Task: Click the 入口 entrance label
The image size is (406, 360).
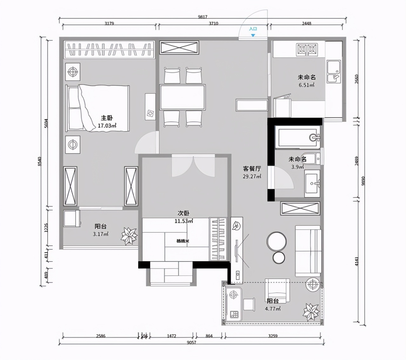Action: [x=253, y=29]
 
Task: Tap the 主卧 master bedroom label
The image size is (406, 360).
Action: [x=107, y=118]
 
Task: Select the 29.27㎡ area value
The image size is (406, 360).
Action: [x=252, y=177]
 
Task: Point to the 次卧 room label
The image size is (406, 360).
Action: [x=183, y=213]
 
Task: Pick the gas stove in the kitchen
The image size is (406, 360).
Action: [x=307, y=49]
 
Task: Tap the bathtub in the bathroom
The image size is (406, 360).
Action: [x=297, y=137]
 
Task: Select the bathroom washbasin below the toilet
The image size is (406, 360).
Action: [x=312, y=183]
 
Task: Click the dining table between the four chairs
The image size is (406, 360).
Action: [x=182, y=97]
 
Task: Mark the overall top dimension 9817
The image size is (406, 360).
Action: [x=202, y=17]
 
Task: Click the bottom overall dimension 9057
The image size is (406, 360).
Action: [x=191, y=342]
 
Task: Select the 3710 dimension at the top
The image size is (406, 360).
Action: [x=213, y=23]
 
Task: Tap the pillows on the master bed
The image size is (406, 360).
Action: [x=74, y=108]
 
